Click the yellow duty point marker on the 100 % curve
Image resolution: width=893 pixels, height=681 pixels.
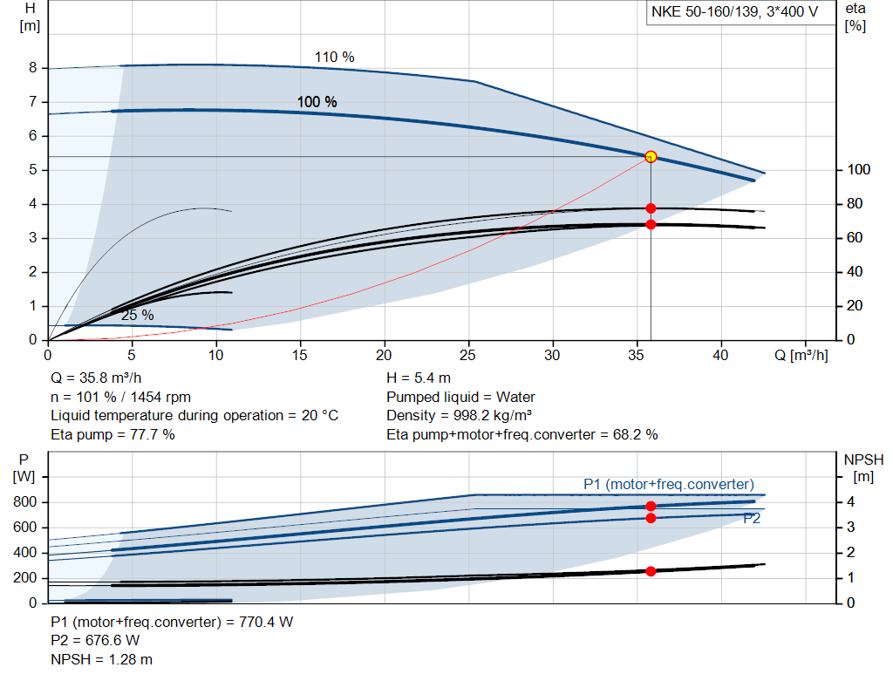[651, 157]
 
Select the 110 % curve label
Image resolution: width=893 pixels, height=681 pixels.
[335, 58]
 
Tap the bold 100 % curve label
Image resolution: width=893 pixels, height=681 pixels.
[317, 102]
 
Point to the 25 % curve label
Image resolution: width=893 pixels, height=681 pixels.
[137, 315]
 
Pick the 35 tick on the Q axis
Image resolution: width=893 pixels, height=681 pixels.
[637, 356]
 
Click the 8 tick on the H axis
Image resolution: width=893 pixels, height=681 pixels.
[32, 68]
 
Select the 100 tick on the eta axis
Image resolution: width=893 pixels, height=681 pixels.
[858, 170]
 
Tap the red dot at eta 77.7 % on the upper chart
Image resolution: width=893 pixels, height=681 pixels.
[651, 208]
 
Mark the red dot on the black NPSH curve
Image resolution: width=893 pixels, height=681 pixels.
[651, 571]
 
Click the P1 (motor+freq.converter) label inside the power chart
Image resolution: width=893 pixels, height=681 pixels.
[669, 485]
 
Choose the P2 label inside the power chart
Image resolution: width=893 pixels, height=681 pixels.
[753, 519]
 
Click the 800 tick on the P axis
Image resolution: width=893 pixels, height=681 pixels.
[25, 502]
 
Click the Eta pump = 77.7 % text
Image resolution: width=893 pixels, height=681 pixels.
[112, 434]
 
